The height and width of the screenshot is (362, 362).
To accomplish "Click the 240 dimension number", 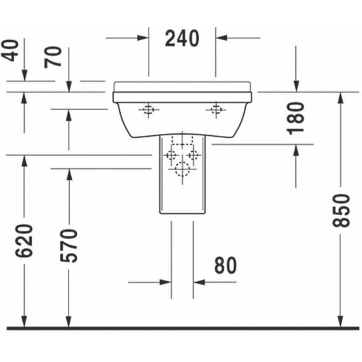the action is pyautogui.click(x=182, y=38).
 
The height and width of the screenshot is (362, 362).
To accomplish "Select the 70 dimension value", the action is pyautogui.click(x=53, y=57).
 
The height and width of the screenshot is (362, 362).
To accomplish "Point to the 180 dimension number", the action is pyautogui.click(x=296, y=118).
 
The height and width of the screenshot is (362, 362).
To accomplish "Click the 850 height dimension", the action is pyautogui.click(x=341, y=211).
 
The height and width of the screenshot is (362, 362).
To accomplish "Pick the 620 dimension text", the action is pyautogui.click(x=24, y=241).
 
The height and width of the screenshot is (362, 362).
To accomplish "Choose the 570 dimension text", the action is pyautogui.click(x=69, y=245).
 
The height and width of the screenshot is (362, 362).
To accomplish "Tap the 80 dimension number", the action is pyautogui.click(x=225, y=265).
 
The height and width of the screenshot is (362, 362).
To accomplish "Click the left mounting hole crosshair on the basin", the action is pyautogui.click(x=149, y=110).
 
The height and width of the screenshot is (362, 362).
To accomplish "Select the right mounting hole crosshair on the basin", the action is pyautogui.click(x=216, y=110).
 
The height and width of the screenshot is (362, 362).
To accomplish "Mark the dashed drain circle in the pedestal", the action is pyautogui.click(x=182, y=169).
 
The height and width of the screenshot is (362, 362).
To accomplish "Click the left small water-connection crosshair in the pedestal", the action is pyautogui.click(x=171, y=155).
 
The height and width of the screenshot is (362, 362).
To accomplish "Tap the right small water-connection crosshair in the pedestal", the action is pyautogui.click(x=194, y=155).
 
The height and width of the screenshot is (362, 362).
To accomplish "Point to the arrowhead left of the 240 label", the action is pyautogui.click(x=142, y=38).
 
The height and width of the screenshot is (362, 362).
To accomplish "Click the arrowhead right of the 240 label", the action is pyautogui.click(x=222, y=38).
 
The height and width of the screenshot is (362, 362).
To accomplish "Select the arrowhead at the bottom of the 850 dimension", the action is pyautogui.click(x=340, y=321).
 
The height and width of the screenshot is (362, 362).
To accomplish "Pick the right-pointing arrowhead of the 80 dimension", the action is pyautogui.click(x=165, y=282).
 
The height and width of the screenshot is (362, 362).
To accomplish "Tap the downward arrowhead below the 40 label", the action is pyautogui.click(x=24, y=76).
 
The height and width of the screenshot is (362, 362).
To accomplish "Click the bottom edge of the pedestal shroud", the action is pyautogui.click(x=182, y=213).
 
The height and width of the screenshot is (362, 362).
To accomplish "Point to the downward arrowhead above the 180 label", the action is pyautogui.click(x=296, y=86).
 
